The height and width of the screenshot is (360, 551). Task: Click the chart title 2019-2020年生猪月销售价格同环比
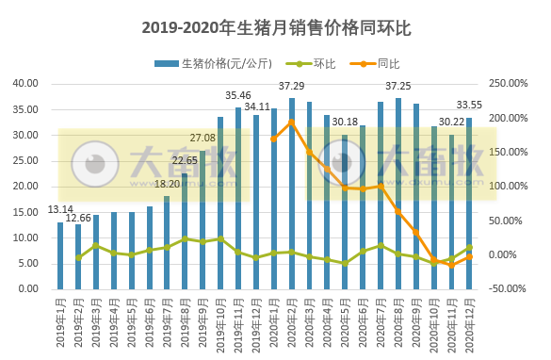tap(275, 27)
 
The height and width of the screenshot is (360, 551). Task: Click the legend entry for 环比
tap(318, 64)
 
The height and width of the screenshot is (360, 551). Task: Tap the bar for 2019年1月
tap(60, 255)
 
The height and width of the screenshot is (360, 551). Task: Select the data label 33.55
tap(469, 105)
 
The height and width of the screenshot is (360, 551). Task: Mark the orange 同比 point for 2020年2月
tap(292, 122)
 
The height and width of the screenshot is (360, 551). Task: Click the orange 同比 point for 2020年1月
tap(274, 139)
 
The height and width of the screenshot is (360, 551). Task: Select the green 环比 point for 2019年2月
tap(78, 257)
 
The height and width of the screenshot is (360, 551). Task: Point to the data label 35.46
tap(237, 95)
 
